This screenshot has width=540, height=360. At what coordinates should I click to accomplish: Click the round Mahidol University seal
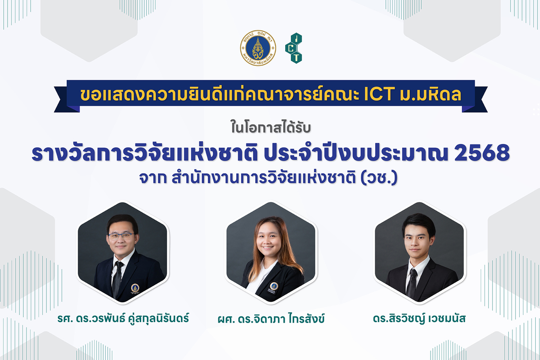coord(258,48)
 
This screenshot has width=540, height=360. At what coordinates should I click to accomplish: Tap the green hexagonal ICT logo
coord(293,48)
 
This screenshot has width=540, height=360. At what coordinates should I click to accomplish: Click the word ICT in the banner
coord(378,95)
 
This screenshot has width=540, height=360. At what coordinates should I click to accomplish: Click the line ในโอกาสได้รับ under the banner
coord(270,128)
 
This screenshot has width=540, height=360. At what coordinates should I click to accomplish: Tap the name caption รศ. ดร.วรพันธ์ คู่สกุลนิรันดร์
coord(123,318)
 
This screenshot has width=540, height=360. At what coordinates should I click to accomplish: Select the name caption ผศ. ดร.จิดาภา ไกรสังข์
coord(271,318)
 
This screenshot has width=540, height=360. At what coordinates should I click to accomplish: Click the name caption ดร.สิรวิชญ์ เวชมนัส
coord(419,318)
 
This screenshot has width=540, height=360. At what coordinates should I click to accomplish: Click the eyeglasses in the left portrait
coord(121,236)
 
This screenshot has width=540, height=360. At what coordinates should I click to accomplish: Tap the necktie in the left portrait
coord(117,279)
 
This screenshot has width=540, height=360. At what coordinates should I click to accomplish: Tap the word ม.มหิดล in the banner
coord(430,95)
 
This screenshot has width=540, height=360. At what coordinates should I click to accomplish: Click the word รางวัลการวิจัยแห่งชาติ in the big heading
coord(144,153)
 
